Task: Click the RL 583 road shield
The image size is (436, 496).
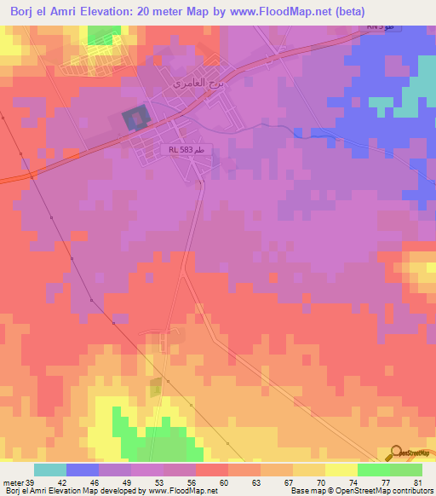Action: point(186,148)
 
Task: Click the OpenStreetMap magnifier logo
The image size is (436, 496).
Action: point(397,453)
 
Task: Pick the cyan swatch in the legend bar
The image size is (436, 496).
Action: point(50,470)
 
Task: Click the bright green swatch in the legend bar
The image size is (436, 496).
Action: point(373,470)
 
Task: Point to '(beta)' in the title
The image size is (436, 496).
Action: point(349,12)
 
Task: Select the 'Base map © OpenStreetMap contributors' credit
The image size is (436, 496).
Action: point(361,491)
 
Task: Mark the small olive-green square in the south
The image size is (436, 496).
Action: point(156,388)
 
